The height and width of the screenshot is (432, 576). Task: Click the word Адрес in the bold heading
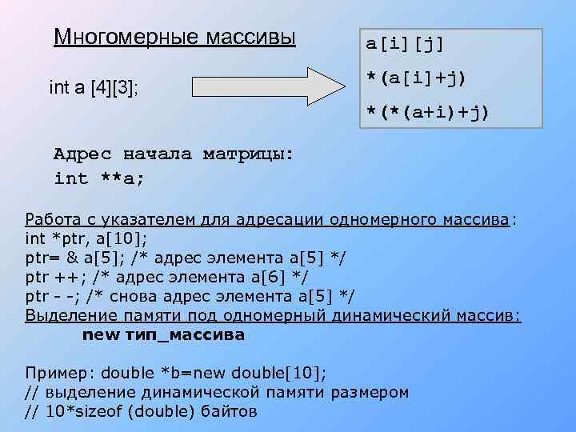coord(82,154)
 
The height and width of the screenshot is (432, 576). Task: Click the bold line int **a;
coord(99,178)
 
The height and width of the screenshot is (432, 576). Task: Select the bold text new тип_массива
coord(163,335)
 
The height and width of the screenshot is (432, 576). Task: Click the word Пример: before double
coord(60,374)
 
